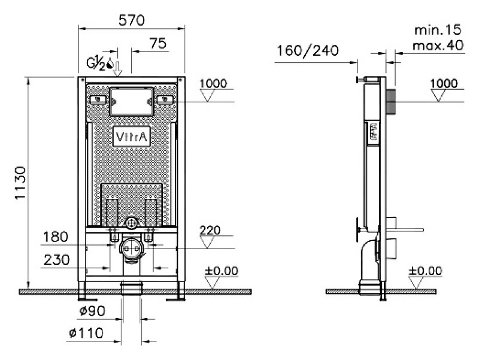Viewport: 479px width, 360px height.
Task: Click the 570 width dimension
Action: click(131, 20)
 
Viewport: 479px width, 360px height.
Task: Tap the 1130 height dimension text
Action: click(20, 183)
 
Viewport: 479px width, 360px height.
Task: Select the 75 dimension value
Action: click(158, 43)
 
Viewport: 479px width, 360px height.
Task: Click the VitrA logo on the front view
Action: click(132, 137)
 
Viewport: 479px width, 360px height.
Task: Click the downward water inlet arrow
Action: click(117, 69)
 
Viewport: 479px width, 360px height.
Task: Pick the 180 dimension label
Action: click(56, 237)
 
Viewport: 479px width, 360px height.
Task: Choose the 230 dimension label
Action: click(57, 260)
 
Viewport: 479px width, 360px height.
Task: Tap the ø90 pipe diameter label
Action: click(92, 311)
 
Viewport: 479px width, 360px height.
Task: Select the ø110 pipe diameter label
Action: click(86, 333)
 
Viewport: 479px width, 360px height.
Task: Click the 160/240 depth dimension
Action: click(308, 51)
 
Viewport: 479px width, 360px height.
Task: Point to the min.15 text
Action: click(438, 30)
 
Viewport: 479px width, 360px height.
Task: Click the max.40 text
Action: click(438, 46)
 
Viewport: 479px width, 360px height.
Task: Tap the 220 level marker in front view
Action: click(210, 231)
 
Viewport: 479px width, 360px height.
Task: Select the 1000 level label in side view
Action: click(444, 83)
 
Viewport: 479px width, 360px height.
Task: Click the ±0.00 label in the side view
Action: click(425, 271)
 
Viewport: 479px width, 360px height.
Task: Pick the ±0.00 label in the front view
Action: click(222, 271)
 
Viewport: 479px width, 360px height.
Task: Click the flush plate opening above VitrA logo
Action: click(131, 102)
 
